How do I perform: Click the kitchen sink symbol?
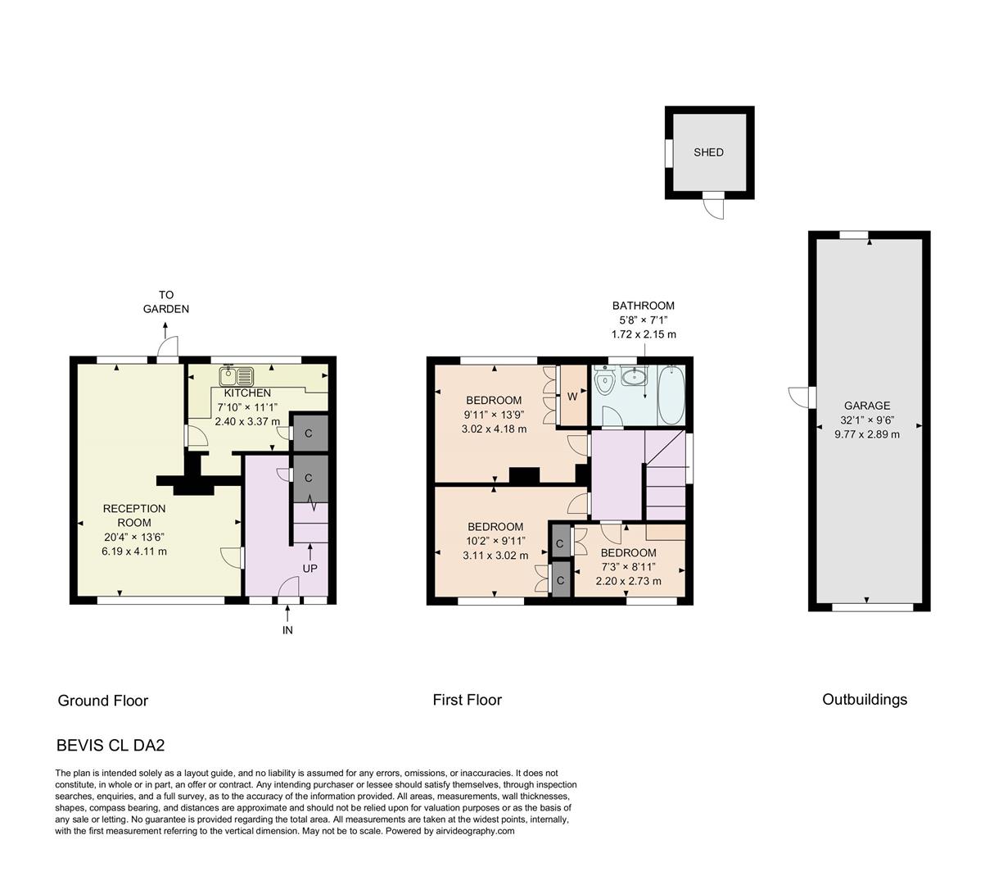click(x=237, y=376)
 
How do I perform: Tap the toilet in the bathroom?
click(x=604, y=382)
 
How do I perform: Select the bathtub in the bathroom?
click(x=670, y=395)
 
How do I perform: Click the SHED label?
click(x=708, y=152)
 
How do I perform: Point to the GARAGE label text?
click(x=867, y=406)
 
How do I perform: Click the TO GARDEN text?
click(x=166, y=302)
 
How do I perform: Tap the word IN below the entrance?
click(x=287, y=630)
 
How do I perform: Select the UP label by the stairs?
click(x=310, y=568)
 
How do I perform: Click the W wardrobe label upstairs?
click(x=572, y=396)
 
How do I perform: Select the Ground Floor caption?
click(x=103, y=701)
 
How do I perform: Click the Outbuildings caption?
click(x=865, y=699)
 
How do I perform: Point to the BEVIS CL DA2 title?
click(x=111, y=746)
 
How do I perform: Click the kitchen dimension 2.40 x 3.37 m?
click(x=247, y=422)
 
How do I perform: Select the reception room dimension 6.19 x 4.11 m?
click(x=134, y=551)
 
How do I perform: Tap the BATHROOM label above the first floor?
click(x=644, y=306)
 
